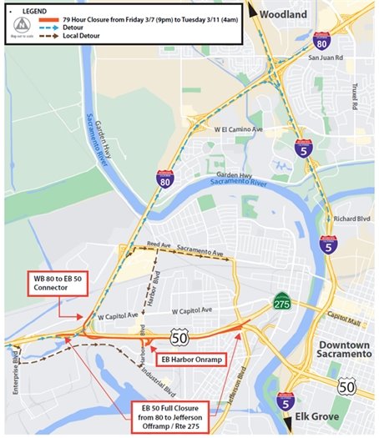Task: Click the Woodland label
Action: [x=283, y=14]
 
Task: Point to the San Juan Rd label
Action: [x=326, y=58]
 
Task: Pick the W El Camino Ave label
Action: [x=239, y=130]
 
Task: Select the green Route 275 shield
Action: [x=284, y=301]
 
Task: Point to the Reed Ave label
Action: [x=158, y=244]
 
